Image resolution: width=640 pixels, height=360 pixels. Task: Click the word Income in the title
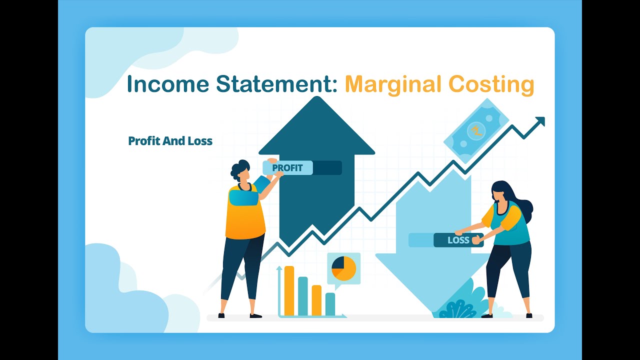pyautogui.click(x=167, y=84)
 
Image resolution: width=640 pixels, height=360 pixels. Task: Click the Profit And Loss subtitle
pyautogui.click(x=170, y=141)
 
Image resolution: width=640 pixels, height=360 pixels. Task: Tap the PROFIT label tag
pyautogui.click(x=287, y=168)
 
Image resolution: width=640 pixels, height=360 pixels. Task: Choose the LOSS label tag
pyautogui.click(x=458, y=240)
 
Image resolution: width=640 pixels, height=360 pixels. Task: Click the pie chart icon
pyautogui.click(x=344, y=268)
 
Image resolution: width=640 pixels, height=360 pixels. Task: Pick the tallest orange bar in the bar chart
pyautogui.click(x=289, y=290)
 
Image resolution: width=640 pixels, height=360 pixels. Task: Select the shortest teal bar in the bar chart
pyautogui.click(x=330, y=303)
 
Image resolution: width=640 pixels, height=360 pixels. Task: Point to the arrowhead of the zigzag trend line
pyautogui.click(x=540, y=121)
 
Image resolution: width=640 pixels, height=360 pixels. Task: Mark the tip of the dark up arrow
pyautogui.click(x=316, y=98)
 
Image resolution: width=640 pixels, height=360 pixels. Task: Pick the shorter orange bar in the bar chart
pyautogui.click(x=316, y=300)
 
